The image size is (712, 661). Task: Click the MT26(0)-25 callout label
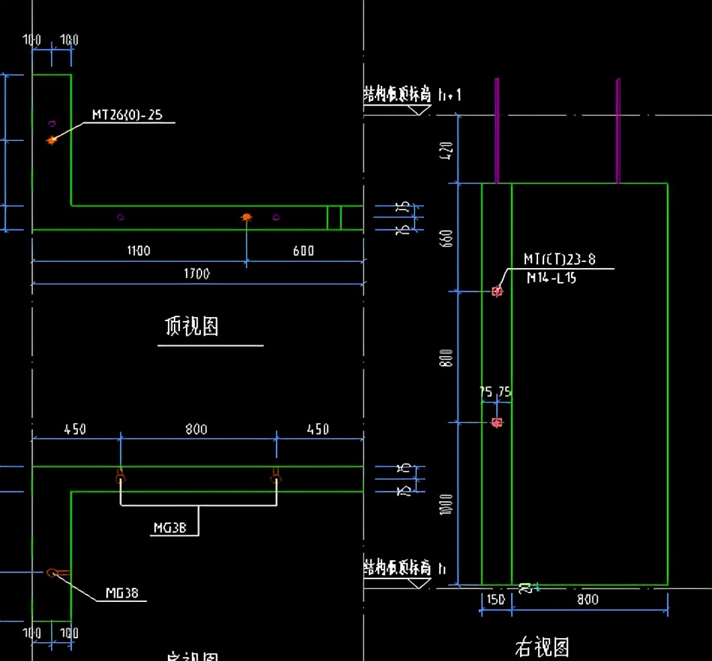127,116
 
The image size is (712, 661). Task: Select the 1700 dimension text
197,273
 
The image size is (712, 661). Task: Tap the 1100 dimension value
138,251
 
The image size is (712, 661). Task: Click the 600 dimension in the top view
303,251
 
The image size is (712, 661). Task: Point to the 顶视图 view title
192,327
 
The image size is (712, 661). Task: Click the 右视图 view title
542,648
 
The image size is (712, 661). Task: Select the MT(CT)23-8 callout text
560,259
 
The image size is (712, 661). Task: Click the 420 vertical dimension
449,149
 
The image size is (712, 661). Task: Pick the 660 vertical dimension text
449,237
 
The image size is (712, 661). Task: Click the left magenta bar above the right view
497,130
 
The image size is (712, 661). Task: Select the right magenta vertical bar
618,130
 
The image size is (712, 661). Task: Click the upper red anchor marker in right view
497,291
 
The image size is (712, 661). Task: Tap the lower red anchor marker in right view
497,423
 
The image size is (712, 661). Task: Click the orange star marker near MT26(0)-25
51,140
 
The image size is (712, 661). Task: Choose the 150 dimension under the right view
496,599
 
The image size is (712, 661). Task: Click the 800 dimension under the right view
588,599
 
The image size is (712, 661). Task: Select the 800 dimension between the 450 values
196,429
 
